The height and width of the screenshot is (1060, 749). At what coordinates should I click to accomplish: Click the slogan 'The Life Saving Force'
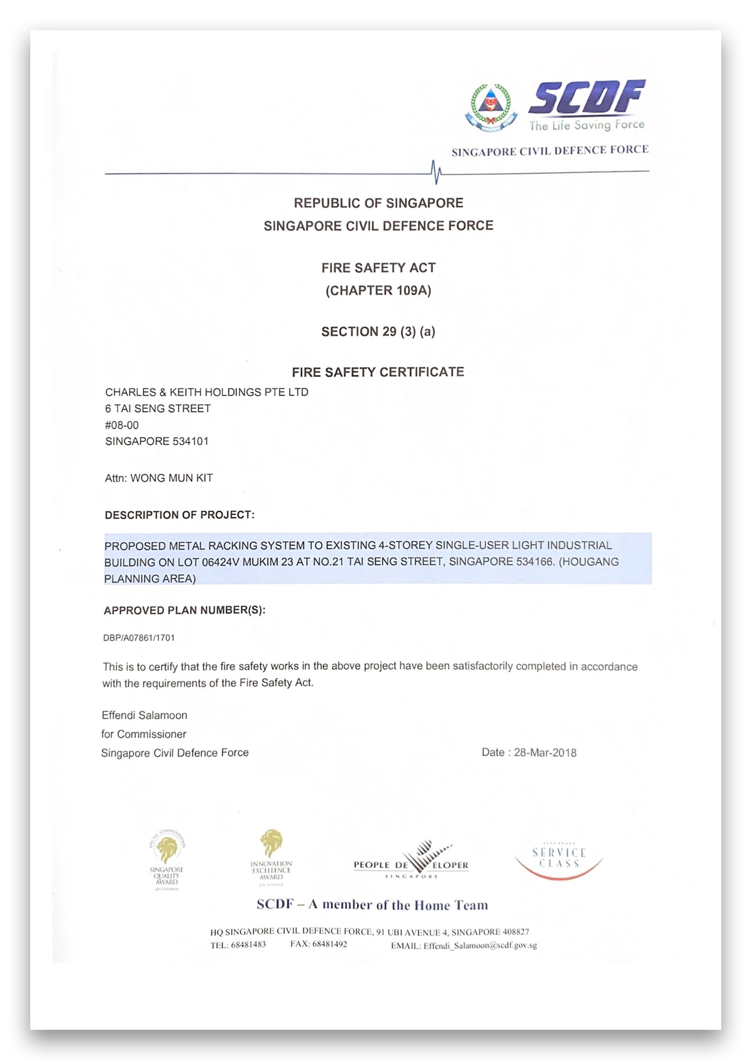pyautogui.click(x=587, y=125)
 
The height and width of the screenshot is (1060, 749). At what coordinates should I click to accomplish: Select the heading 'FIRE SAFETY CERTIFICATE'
pyautogui.click(x=378, y=372)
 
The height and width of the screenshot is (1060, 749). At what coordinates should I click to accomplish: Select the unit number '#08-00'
pyautogui.click(x=122, y=425)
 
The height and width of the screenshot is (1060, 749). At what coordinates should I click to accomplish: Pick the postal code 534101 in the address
pyautogui.click(x=190, y=441)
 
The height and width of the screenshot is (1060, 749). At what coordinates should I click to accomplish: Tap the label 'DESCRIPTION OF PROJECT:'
pyautogui.click(x=179, y=515)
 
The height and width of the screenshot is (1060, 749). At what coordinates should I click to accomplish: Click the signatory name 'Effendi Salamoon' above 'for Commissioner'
pyautogui.click(x=144, y=715)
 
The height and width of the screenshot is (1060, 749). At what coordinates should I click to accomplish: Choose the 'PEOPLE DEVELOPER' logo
pyautogui.click(x=411, y=861)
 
